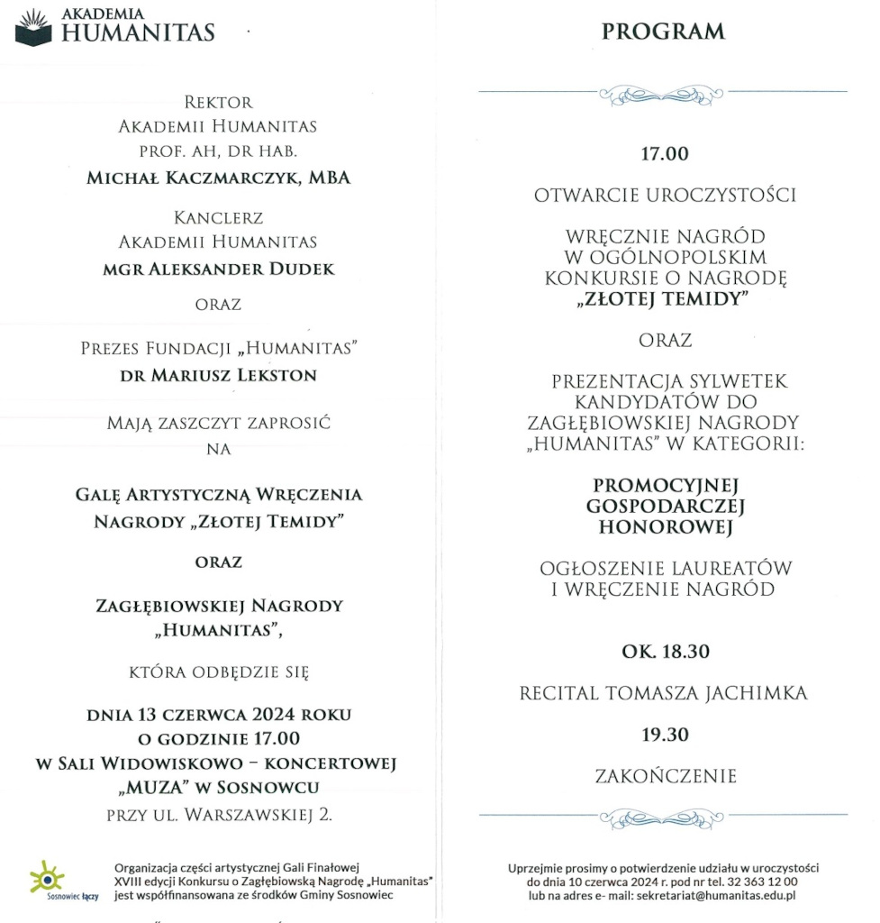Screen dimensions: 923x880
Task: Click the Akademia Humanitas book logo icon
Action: pyautogui.click(x=34, y=28)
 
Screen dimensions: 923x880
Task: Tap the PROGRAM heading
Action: pyautogui.click(x=663, y=32)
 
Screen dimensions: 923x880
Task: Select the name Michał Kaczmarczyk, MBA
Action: pyautogui.click(x=218, y=178)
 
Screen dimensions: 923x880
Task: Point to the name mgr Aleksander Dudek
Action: pyautogui.click(x=218, y=269)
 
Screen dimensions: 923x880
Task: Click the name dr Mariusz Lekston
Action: pyautogui.click(x=218, y=376)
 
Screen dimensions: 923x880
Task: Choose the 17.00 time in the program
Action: pyautogui.click(x=664, y=154)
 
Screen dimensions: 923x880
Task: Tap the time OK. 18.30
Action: pyautogui.click(x=664, y=652)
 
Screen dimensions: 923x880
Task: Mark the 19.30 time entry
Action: pyautogui.click(x=664, y=735)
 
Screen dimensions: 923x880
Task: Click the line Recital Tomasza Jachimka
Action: pyautogui.click(x=664, y=693)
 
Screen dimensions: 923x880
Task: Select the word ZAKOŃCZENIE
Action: pyautogui.click(x=664, y=775)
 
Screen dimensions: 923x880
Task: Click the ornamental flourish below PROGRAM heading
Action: pyautogui.click(x=662, y=93)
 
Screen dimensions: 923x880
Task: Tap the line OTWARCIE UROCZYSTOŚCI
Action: pyautogui.click(x=665, y=195)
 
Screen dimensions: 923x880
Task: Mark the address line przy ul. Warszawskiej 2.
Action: pyautogui.click(x=219, y=817)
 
